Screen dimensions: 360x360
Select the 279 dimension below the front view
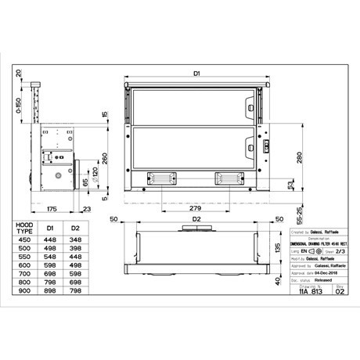196,209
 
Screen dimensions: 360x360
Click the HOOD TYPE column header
27,228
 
